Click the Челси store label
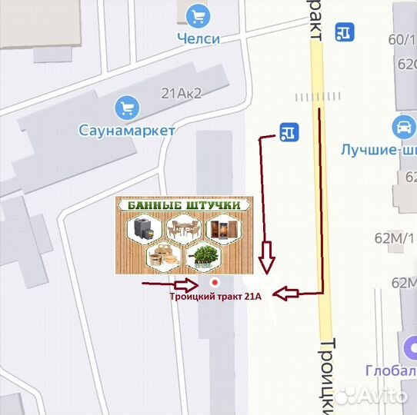[x=199, y=38]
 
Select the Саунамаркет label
[x=127, y=130]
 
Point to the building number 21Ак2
[x=181, y=94]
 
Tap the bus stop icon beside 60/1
[x=345, y=32]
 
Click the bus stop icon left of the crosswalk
[x=289, y=132]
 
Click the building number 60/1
[x=402, y=40]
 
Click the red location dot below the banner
[x=215, y=282]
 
